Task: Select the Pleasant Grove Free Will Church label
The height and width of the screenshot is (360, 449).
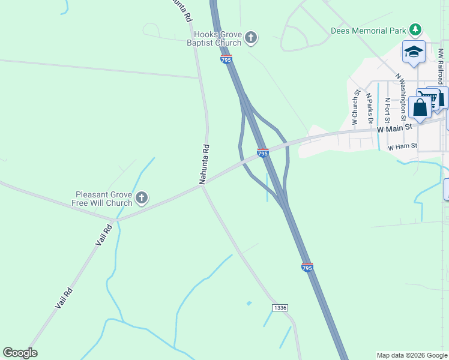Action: tap(104, 199)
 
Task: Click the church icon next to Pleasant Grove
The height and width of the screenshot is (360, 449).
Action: tap(142, 198)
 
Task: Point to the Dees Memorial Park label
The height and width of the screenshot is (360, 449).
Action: tap(367, 30)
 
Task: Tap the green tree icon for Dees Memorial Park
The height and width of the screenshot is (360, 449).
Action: tap(415, 29)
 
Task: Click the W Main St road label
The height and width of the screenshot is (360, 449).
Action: tap(396, 127)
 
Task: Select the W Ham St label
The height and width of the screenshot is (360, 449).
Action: tap(402, 147)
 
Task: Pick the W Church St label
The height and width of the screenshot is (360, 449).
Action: tap(355, 108)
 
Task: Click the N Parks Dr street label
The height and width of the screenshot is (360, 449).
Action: tap(370, 109)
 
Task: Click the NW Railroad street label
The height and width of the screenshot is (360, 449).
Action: tap(441, 66)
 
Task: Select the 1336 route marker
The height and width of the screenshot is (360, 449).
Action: tap(280, 308)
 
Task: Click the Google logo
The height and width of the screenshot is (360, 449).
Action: tap(20, 353)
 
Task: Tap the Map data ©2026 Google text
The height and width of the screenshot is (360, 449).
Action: tap(411, 355)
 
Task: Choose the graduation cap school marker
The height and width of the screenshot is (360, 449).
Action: tap(414, 52)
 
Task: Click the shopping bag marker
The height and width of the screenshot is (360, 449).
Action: tap(420, 108)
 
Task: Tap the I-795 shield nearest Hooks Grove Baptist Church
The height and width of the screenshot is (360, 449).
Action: tap(226, 59)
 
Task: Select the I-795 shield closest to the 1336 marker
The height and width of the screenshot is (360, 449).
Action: tap(307, 268)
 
